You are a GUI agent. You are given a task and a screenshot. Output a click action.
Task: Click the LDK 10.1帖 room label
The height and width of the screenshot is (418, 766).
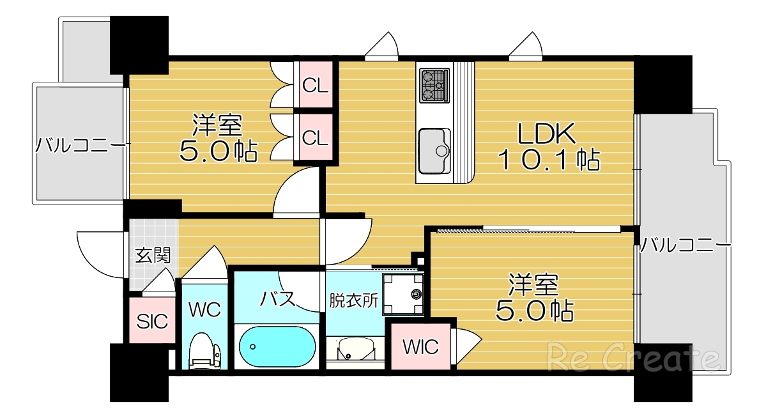[x=548, y=146]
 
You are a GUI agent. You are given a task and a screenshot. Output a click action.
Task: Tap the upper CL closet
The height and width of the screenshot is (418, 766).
[x=315, y=84]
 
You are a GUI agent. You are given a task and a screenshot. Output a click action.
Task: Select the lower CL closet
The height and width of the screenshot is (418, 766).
[x=315, y=137]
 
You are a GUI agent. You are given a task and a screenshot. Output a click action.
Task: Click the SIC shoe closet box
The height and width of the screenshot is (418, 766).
[x=153, y=321]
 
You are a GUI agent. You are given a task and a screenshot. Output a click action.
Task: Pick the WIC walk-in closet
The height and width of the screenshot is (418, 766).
[x=420, y=347]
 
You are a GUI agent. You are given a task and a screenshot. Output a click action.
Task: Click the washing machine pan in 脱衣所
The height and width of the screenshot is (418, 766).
[x=403, y=294]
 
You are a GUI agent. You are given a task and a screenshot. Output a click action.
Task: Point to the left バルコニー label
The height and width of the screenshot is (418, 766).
[x=79, y=144]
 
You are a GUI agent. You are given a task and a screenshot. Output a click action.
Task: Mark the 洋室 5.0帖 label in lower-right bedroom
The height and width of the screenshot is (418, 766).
[x=534, y=297]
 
